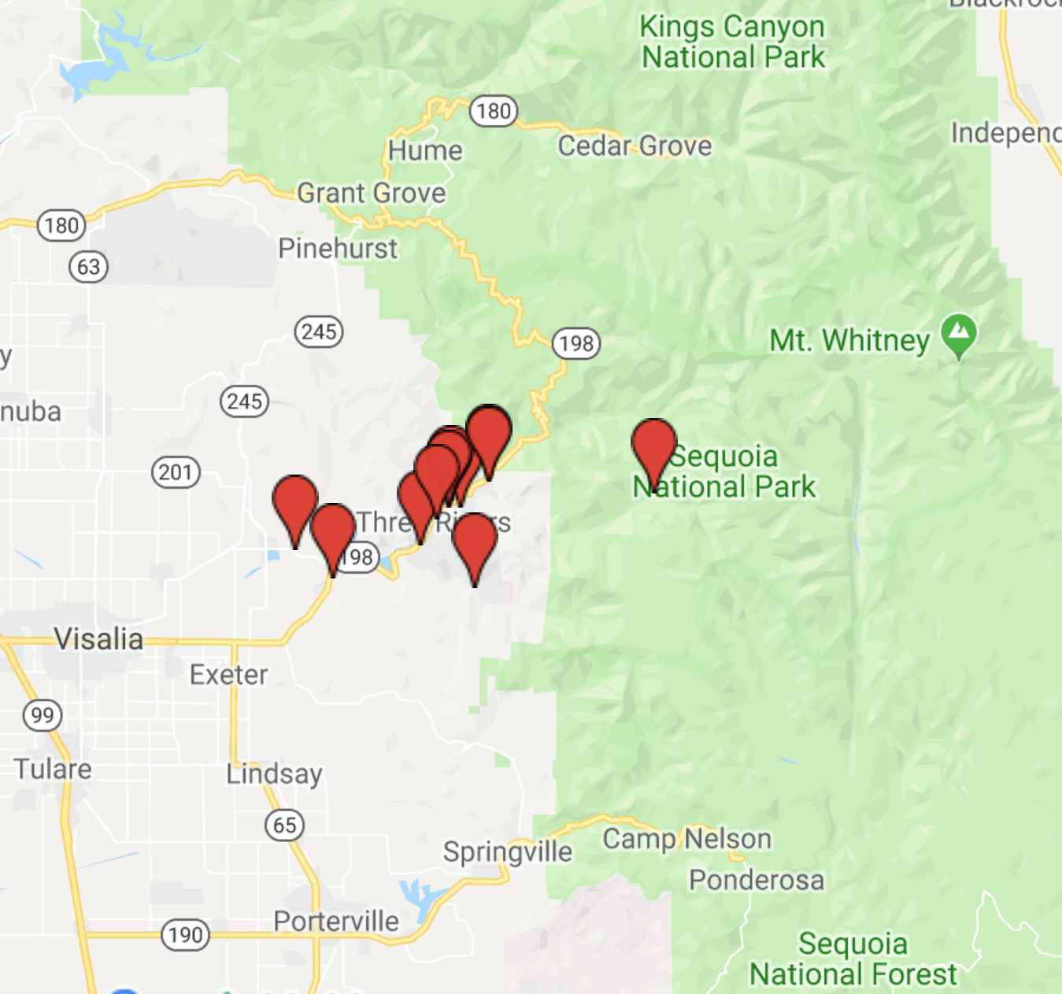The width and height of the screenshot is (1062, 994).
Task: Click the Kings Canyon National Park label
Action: click(732, 42)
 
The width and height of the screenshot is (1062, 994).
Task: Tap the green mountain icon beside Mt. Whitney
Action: click(959, 335)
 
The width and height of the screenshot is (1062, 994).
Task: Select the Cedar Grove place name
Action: click(635, 146)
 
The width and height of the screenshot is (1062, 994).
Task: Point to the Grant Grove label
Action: click(371, 193)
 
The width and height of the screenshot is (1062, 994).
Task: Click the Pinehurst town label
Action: click(338, 249)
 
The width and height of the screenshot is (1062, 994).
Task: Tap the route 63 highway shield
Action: click(88, 267)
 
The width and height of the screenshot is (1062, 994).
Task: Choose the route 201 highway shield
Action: click(175, 472)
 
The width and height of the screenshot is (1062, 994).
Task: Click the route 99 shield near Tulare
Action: click(43, 715)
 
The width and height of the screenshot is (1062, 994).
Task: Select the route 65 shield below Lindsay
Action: click(284, 825)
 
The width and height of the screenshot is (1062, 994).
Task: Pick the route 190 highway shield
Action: click(185, 935)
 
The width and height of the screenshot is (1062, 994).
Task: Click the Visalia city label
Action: click(98, 639)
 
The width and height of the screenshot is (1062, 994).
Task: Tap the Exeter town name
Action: click(228, 674)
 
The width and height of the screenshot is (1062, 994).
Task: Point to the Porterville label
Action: click(336, 921)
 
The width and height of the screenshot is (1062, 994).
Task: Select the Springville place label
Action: click(507, 852)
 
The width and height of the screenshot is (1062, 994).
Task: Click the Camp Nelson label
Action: click(686, 839)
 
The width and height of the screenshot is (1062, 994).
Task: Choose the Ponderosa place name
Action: click(757, 880)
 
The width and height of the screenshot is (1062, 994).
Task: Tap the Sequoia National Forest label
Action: click(853, 959)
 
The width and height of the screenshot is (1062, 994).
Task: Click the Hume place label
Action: click(425, 150)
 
